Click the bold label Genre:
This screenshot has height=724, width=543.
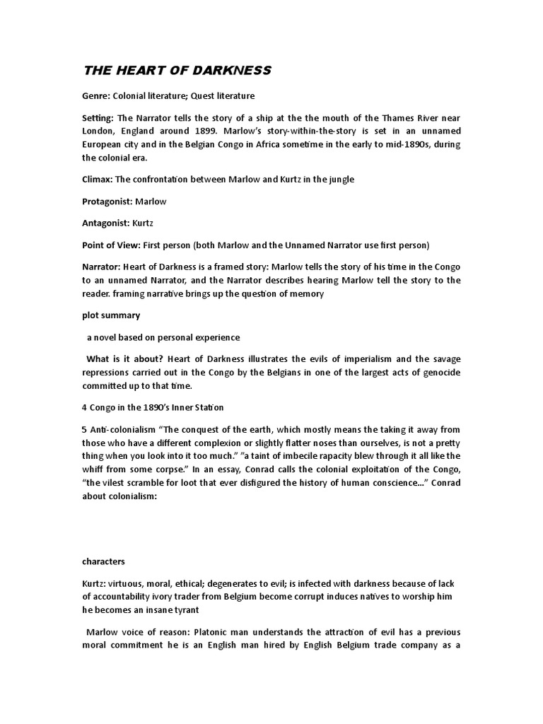click(x=98, y=95)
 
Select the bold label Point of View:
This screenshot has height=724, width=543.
click(x=116, y=245)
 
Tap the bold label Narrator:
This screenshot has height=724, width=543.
click(x=102, y=267)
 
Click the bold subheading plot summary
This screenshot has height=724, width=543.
click(x=111, y=315)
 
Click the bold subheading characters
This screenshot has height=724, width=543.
click(x=104, y=561)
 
